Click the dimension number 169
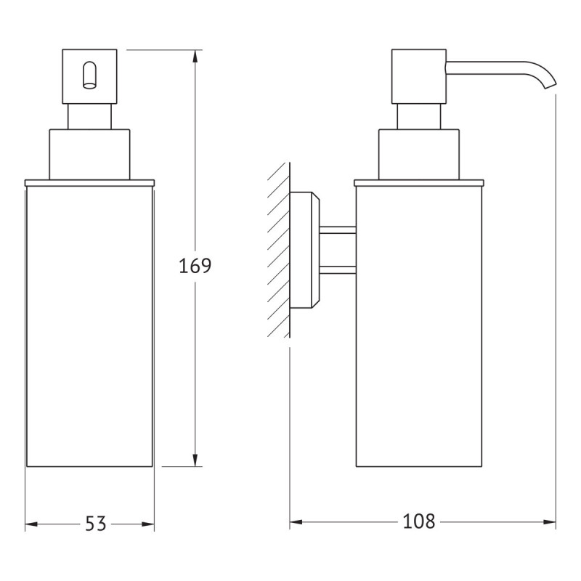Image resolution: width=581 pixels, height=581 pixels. pos(195,266)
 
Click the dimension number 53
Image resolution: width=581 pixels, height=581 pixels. pos(96,524)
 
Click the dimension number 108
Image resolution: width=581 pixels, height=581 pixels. pos(419,521)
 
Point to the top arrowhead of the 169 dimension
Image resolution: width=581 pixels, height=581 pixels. pos(195,57)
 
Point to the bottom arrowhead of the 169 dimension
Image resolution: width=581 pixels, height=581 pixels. pos(195,460)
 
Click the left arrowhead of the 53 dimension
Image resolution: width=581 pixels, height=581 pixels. pos(31,524)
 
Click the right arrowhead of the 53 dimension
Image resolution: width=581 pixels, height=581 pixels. pos(148,524)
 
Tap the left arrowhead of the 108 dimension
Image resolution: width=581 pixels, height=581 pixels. pos(296,522)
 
